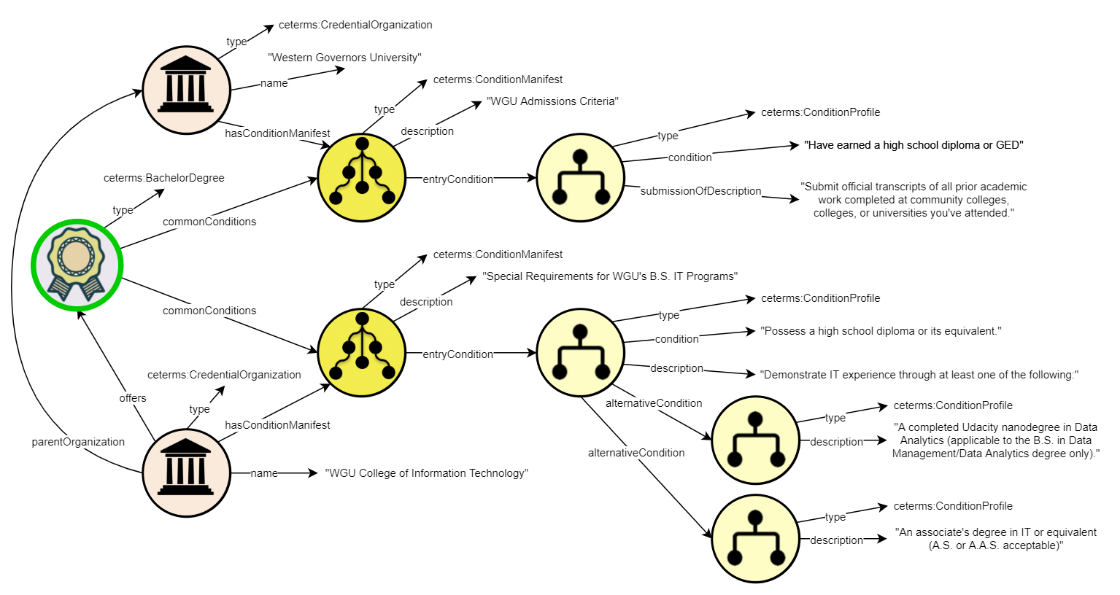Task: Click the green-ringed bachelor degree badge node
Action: coord(77,265)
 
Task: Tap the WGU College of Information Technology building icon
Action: coord(186,472)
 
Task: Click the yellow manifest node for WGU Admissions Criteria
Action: coord(362,178)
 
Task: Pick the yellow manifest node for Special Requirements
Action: coord(362,353)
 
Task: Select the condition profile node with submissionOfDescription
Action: coord(581,178)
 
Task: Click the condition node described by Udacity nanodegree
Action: coord(755,440)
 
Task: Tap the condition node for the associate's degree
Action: coord(755,539)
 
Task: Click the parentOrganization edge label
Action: coord(78,442)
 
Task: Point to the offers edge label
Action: coord(133,398)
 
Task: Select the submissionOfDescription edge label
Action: coord(700,191)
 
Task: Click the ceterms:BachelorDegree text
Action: coord(164,178)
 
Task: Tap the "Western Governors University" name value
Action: coord(344,58)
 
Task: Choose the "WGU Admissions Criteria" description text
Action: coord(552,101)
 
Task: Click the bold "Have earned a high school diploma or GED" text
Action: coord(914,145)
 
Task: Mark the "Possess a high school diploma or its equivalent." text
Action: coord(881,331)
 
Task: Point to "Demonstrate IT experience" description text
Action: coord(919,375)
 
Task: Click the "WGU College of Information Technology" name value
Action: coord(427,473)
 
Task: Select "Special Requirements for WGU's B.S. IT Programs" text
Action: coord(610,276)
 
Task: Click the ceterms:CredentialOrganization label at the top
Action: coord(355,25)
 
